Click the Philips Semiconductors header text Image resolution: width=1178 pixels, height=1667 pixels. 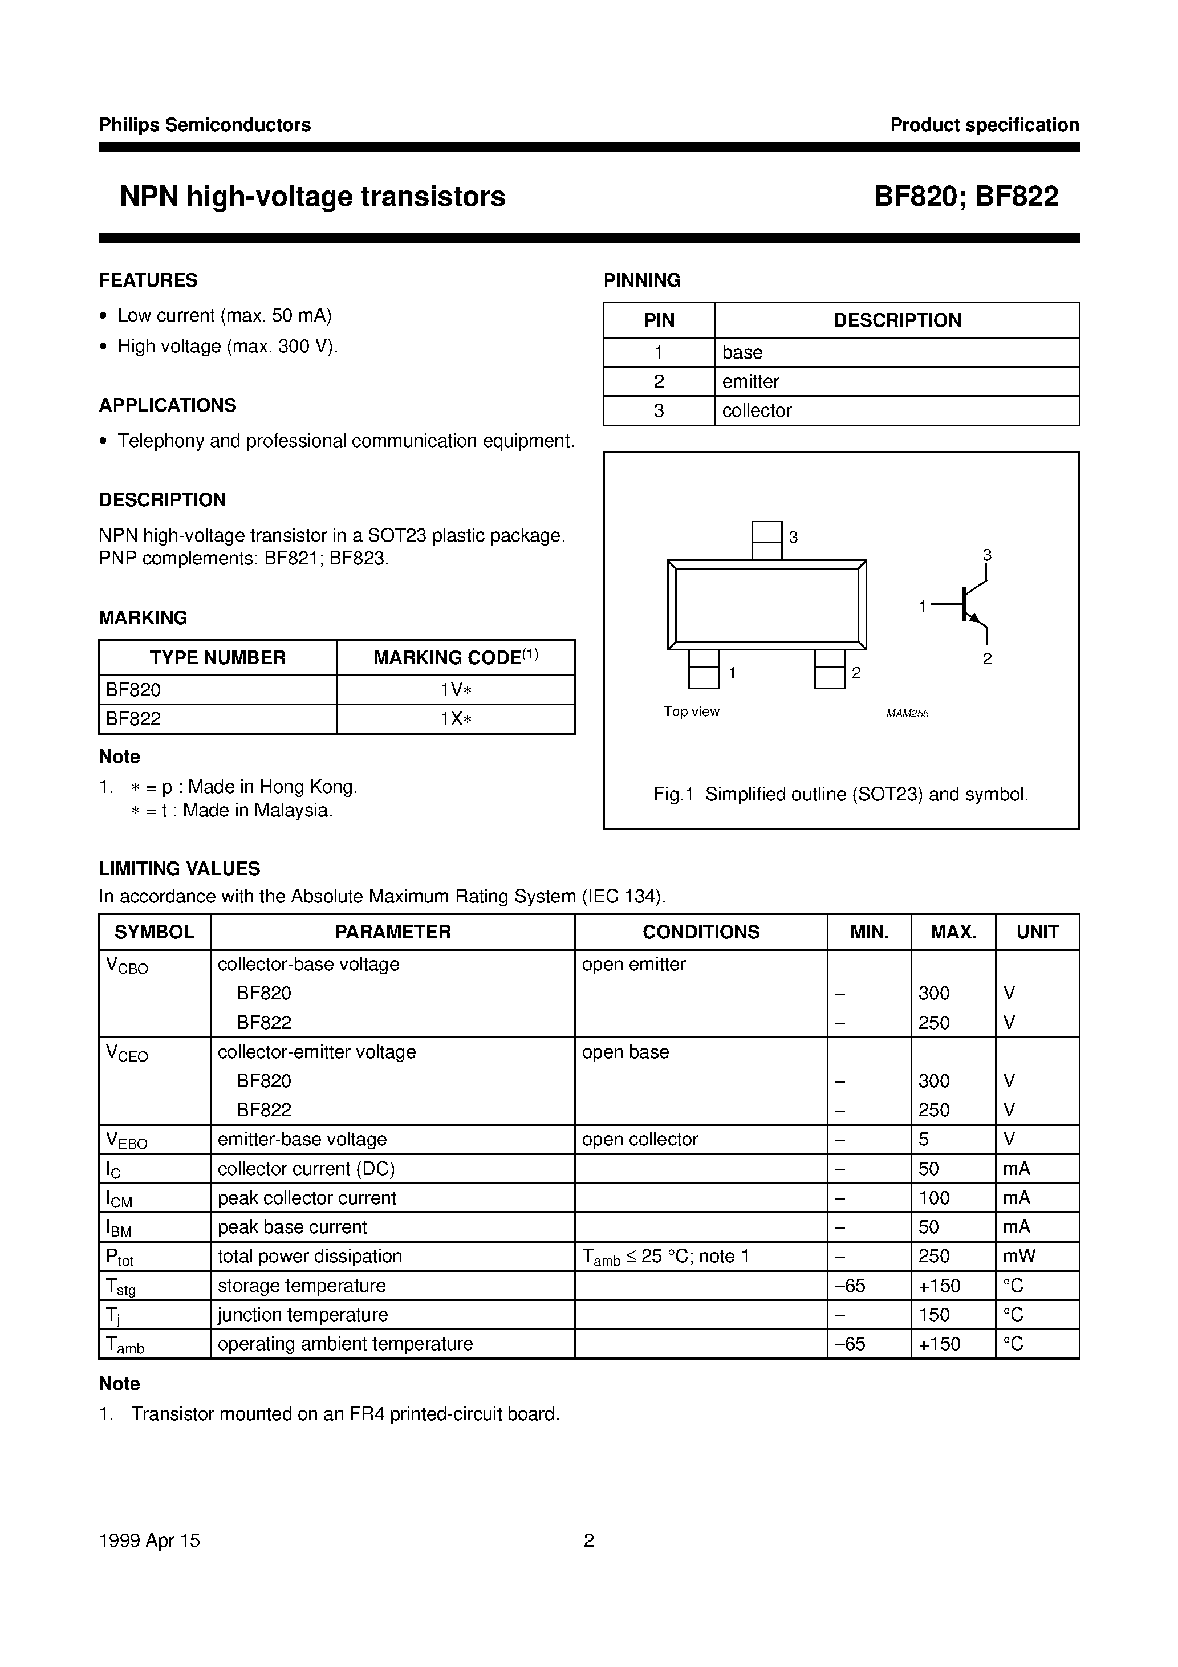(x=205, y=125)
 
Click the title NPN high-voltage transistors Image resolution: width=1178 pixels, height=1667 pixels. (x=312, y=197)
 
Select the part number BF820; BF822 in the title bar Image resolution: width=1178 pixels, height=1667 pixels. (x=965, y=197)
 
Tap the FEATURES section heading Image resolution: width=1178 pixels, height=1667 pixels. (x=148, y=280)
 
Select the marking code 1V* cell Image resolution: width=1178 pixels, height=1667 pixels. (x=456, y=690)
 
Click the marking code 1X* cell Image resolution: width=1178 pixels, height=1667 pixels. (x=456, y=719)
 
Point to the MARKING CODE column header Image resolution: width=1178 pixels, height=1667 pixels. (x=456, y=658)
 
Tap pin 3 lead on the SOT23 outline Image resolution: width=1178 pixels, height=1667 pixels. (x=766, y=540)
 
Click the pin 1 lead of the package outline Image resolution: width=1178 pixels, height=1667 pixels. (x=703, y=669)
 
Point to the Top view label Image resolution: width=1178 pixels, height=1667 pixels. (x=690, y=711)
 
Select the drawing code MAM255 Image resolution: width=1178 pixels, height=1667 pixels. (x=907, y=714)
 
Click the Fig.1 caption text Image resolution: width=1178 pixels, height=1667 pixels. (x=840, y=794)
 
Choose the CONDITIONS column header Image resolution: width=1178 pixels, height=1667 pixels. (x=701, y=932)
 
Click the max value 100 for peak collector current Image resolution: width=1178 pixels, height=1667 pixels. (x=933, y=1198)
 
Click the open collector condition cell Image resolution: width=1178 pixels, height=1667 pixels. (x=639, y=1139)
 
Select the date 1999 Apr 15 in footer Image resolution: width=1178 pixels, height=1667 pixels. (x=149, y=1540)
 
